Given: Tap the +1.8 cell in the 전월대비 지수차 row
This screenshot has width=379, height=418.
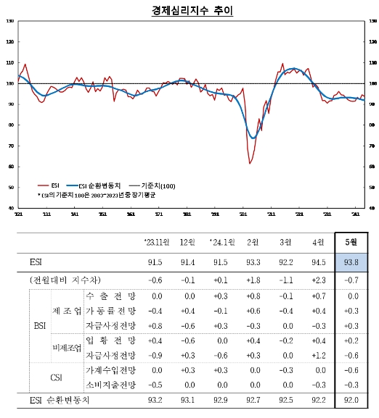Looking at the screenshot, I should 253,280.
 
